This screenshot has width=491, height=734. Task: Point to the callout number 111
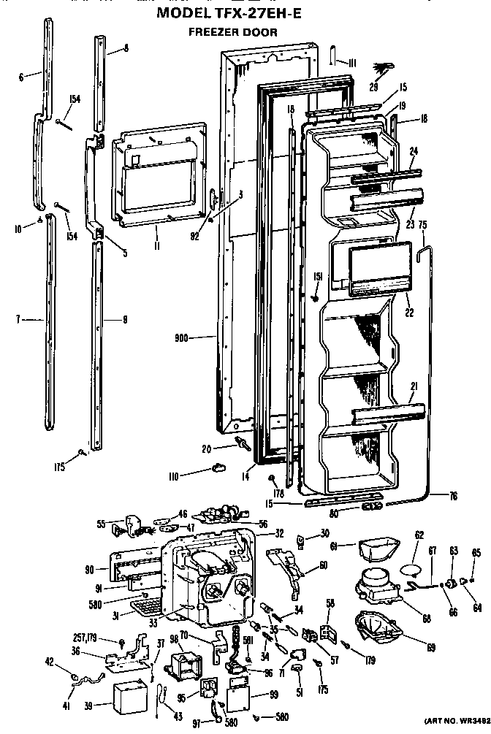351,64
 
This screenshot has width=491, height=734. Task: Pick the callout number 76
452,497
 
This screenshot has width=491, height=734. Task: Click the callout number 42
49,663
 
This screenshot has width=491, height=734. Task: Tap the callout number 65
476,552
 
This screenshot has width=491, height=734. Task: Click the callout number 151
318,276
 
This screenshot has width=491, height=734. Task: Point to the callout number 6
21,75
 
